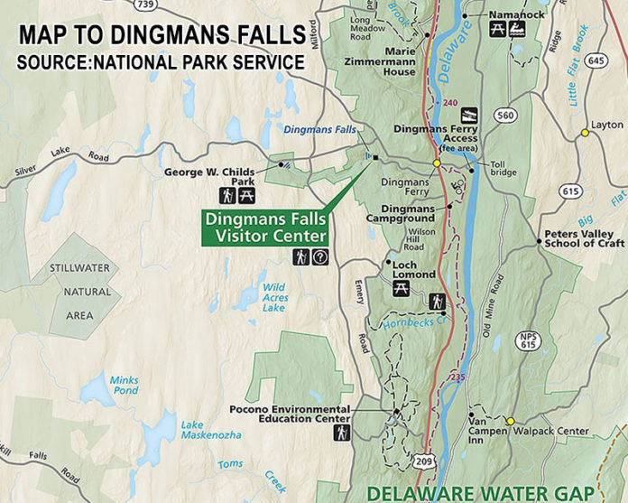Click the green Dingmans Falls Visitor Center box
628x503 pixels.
click(x=265, y=228)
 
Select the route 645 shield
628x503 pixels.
click(x=596, y=61)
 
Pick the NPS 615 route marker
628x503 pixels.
click(x=528, y=341)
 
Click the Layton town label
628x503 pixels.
click(x=608, y=126)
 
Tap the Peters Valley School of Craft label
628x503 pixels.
click(x=585, y=237)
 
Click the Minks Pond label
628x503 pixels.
click(x=124, y=386)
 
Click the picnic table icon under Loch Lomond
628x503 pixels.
click(x=402, y=289)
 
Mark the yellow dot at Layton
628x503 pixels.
click(x=585, y=133)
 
